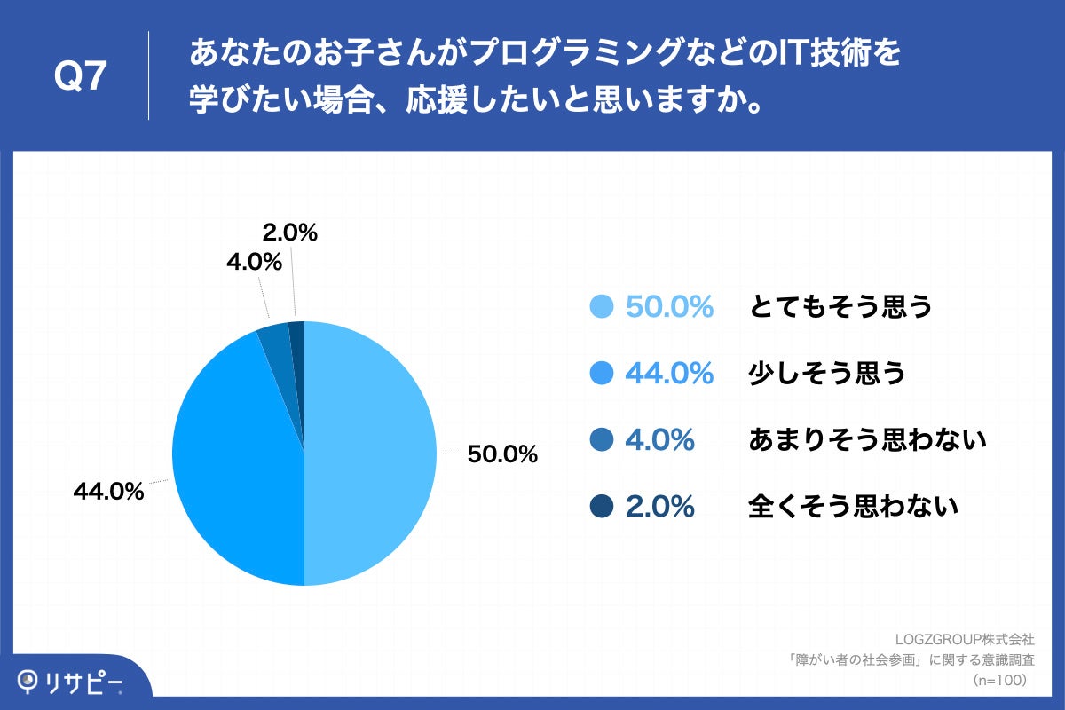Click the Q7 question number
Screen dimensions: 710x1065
pyautogui.click(x=81, y=78)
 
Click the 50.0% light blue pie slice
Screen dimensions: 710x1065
pyautogui.click(x=373, y=453)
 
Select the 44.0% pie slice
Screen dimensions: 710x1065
pyautogui.click(x=235, y=461)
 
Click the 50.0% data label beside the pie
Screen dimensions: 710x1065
pyautogui.click(x=502, y=455)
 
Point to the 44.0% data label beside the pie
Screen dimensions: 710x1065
pyautogui.click(x=107, y=492)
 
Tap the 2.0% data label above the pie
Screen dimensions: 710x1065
pyautogui.click(x=290, y=233)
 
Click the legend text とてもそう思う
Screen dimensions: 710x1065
pyautogui.click(x=840, y=307)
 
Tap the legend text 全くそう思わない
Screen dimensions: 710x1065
pyautogui.click(x=853, y=507)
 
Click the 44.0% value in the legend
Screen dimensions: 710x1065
pyautogui.click(x=669, y=374)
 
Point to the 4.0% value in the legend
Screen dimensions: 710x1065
pyautogui.click(x=659, y=440)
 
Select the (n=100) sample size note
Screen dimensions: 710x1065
pyautogui.click(x=1000, y=680)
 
